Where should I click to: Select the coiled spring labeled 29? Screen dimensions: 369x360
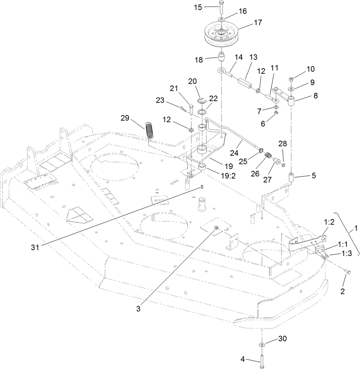coord(150,130)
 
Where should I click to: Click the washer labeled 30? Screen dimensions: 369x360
coord(262,344)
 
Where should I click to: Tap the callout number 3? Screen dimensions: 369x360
coord(138,309)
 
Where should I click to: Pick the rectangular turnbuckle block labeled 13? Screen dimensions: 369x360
coord(245,83)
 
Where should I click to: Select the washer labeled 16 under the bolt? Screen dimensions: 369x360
coord(220,18)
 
